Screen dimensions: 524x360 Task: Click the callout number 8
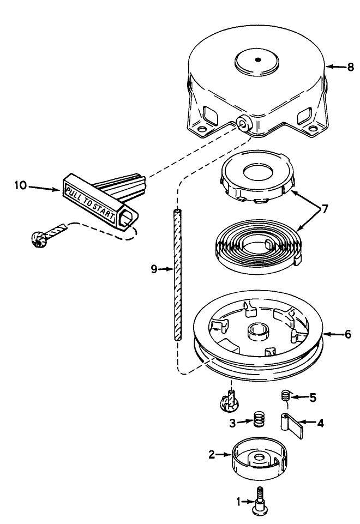(351, 68)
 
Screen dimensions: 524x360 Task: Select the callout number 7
(325, 209)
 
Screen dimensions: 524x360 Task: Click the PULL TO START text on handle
(90, 203)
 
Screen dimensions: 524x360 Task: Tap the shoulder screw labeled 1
(261, 499)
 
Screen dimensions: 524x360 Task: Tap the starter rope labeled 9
(177, 273)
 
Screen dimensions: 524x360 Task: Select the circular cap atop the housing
(260, 61)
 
